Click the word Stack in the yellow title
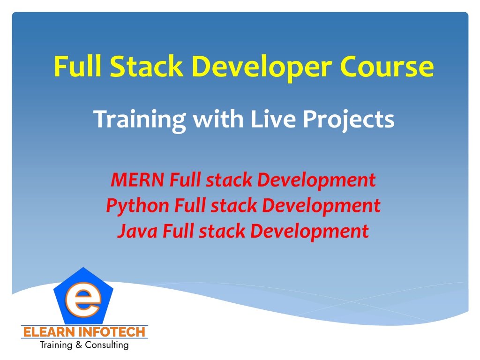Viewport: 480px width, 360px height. (x=146, y=66)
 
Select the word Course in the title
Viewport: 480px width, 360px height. (x=387, y=67)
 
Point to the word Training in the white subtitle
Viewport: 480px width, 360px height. (x=140, y=120)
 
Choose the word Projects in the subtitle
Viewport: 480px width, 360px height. (x=349, y=120)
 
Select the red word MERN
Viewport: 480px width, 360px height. (x=137, y=180)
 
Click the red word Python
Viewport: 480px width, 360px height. (x=137, y=206)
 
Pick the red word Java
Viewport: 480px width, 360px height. (x=137, y=231)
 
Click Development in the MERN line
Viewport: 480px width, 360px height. (x=316, y=180)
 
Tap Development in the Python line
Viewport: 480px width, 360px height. (x=321, y=206)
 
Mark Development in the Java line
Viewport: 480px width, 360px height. (x=309, y=232)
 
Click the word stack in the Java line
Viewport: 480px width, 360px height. (x=222, y=232)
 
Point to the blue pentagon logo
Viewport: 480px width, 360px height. (x=83, y=296)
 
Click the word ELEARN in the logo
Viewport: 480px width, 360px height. (x=49, y=332)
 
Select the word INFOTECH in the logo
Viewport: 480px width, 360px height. (x=112, y=332)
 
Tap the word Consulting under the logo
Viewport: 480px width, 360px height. (x=106, y=345)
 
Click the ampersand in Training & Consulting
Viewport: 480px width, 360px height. (x=79, y=345)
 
